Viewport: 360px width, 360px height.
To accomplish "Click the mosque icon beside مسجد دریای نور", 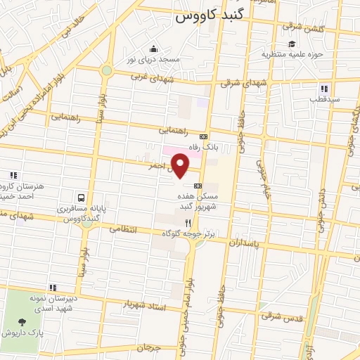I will point(153,49).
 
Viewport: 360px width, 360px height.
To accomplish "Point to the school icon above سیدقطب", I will point(324,89).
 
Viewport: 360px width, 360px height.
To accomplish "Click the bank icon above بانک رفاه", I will point(203,136).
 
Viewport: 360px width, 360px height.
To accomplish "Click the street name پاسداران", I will point(247,242).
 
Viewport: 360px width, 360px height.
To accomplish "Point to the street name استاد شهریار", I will point(144,305).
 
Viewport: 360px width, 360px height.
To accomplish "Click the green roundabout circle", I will point(106,70).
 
